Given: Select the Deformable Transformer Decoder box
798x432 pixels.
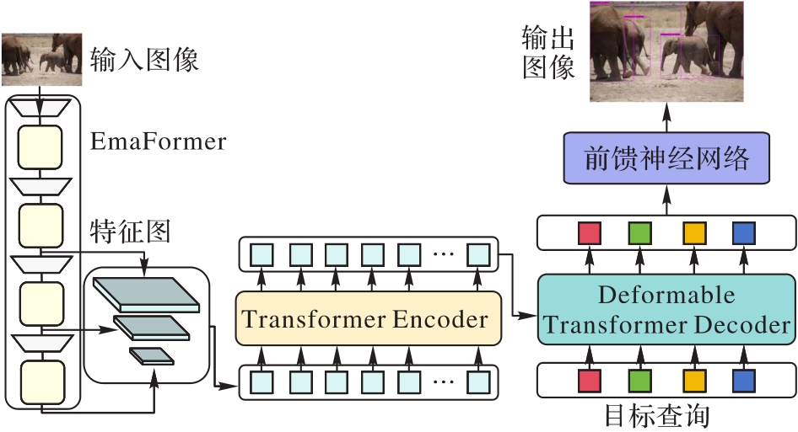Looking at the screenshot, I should click(666, 309).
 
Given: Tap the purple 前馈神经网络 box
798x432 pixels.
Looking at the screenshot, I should click(666, 158).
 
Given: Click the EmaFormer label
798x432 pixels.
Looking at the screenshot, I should click(159, 141).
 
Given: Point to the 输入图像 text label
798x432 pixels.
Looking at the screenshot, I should click(144, 61).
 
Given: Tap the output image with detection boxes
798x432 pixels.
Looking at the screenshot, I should click(667, 51).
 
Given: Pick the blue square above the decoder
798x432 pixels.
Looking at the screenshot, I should click(744, 233).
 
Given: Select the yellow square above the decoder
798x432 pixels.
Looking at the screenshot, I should click(693, 233).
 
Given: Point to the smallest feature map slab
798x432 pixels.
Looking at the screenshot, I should click(151, 355).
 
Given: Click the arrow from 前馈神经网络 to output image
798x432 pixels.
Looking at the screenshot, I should click(666, 116).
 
